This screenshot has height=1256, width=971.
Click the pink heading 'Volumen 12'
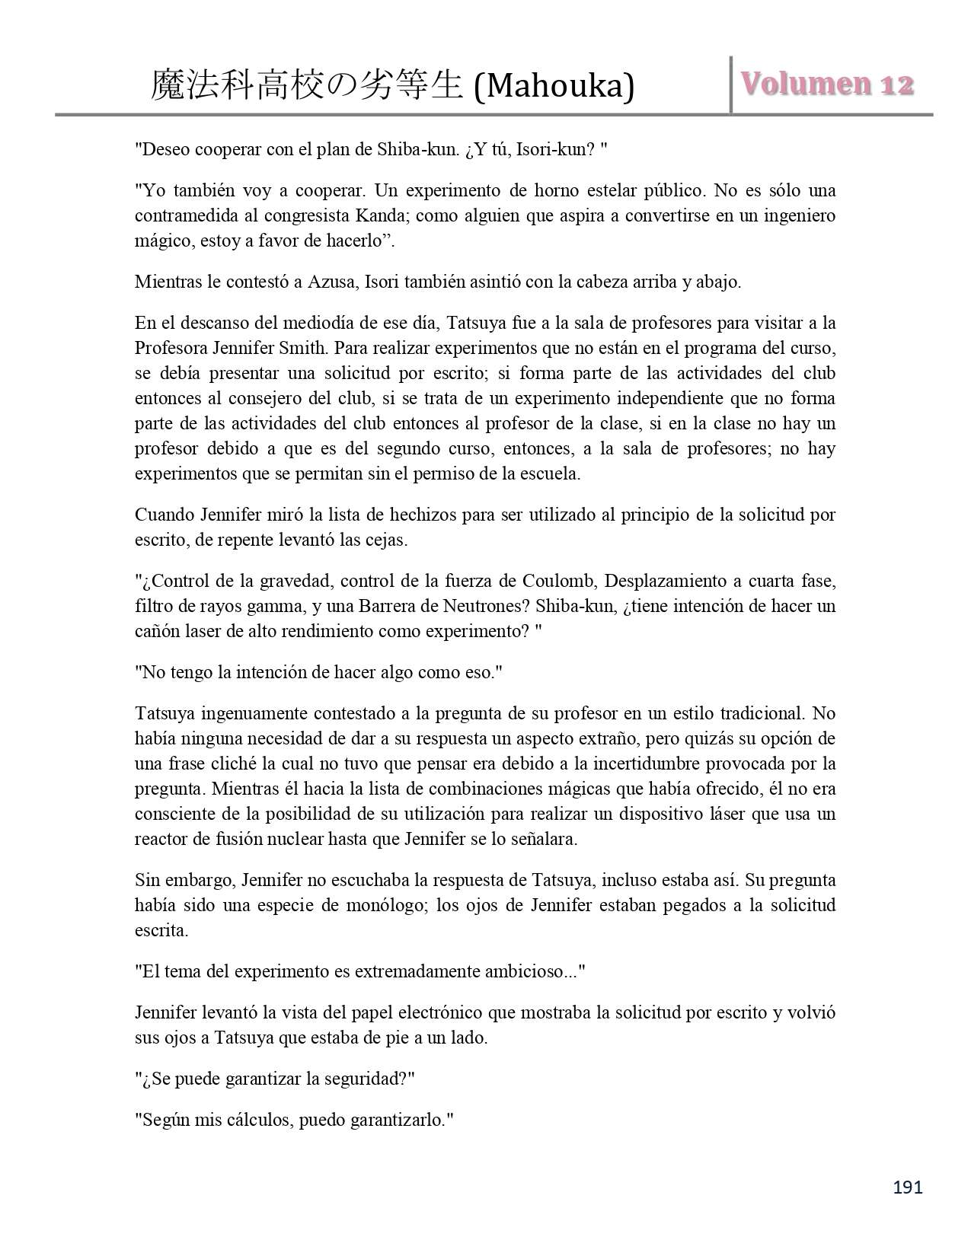click(826, 84)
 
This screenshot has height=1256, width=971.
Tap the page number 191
click(907, 1187)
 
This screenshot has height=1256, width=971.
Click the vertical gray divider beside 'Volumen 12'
click(731, 84)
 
